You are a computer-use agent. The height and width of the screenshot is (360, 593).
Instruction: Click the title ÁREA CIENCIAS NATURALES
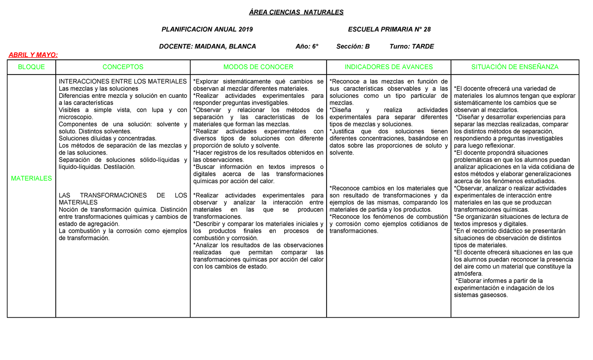pos(296,12)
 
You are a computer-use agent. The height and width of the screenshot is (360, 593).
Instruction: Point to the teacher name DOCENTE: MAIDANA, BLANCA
pos(207,46)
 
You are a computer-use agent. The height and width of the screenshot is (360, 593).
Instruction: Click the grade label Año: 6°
pos(307,46)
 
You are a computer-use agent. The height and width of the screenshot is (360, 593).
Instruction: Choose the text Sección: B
pos(353,46)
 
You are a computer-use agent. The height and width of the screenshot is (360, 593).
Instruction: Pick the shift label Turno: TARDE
pos(412,46)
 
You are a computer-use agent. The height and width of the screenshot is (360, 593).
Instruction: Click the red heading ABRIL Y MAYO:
pos(31,55)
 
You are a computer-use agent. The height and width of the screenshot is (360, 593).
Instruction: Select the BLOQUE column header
pos(31,67)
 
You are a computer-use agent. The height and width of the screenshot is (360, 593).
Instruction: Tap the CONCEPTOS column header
pos(123,67)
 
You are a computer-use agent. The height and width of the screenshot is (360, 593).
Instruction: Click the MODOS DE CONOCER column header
pos(258,67)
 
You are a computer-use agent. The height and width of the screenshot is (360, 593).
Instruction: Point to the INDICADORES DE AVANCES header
pos(388,67)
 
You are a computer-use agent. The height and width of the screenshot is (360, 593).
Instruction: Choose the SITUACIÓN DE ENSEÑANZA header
pos(514,67)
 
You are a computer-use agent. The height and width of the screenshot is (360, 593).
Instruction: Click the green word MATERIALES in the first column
pos(31,178)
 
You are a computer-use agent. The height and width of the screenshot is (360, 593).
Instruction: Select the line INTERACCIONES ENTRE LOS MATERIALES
pos(123,81)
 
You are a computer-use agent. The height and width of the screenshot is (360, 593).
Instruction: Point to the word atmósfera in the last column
pos(468,274)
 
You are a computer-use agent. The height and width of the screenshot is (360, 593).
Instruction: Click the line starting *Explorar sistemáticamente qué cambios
pos(258,81)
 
